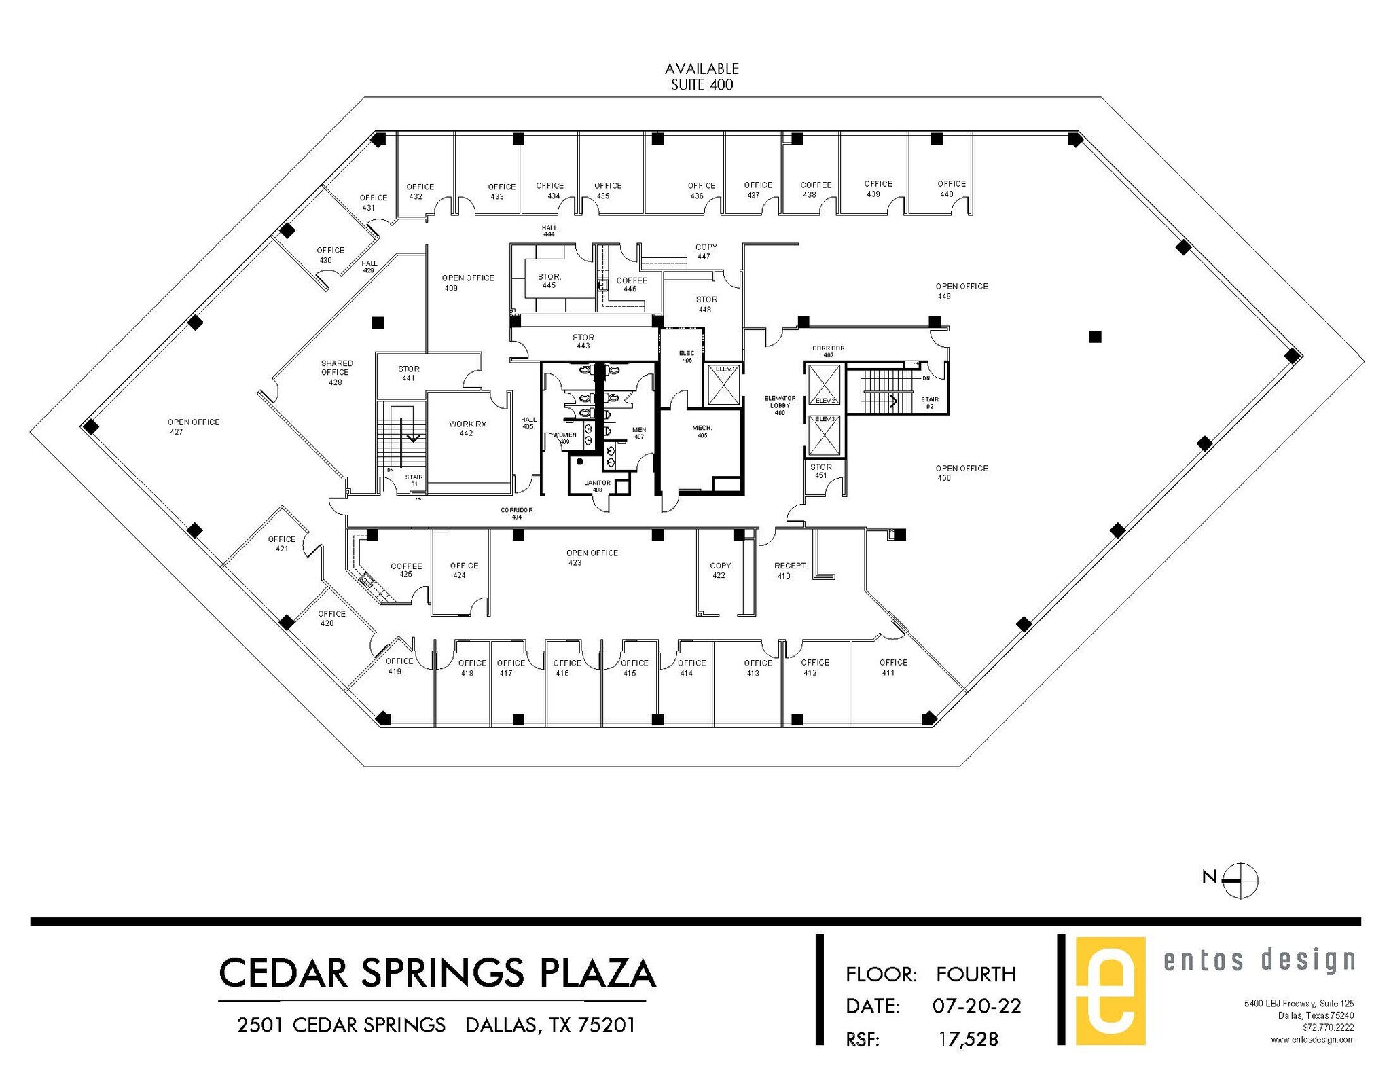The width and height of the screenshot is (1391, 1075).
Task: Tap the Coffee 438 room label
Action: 815,189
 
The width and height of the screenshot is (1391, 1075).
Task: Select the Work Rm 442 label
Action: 467,428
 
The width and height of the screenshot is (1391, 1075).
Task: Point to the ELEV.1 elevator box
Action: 724,385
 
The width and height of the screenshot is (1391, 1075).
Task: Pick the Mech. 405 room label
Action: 702,431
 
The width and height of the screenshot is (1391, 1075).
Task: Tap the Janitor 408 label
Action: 598,486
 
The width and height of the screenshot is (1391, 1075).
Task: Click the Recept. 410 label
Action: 790,570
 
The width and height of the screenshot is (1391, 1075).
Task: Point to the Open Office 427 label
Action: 193,426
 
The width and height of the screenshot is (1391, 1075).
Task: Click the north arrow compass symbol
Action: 1240,880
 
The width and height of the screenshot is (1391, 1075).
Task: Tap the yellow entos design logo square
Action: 1110,991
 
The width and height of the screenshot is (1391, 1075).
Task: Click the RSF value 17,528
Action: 969,1039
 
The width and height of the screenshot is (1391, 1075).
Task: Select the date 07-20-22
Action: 976,1006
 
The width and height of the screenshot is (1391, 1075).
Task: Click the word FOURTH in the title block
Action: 975,974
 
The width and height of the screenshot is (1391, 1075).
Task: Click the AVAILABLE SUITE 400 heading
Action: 702,77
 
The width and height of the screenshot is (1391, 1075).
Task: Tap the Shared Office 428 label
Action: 336,372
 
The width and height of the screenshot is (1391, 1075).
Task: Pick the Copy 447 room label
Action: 706,251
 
